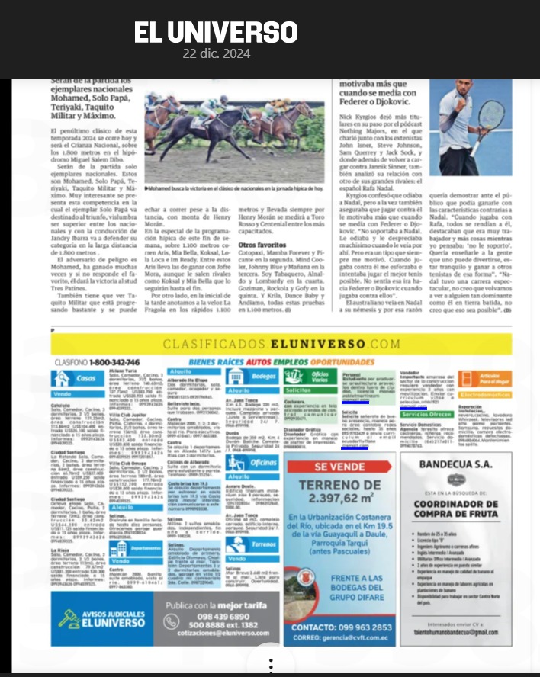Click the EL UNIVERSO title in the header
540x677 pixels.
coord(216,32)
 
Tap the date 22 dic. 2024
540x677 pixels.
coord(217,54)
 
